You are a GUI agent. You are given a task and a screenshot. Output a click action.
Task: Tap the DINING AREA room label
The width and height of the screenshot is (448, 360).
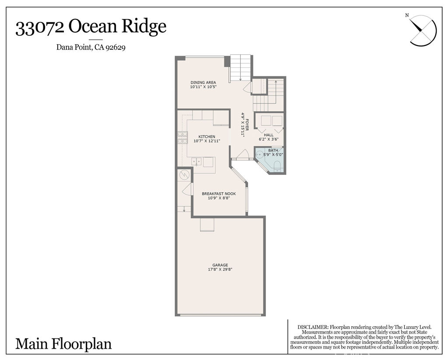pos(203,82)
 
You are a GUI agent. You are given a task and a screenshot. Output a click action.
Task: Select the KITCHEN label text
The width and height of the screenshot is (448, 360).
pos(206,137)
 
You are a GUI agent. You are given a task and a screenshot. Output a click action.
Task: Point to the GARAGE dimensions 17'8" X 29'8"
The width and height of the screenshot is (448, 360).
pos(220,269)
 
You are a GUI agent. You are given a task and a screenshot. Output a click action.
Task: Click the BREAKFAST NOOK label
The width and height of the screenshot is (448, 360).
pos(219,194)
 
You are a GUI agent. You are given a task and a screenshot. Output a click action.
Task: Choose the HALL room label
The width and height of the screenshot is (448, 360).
pos(268,135)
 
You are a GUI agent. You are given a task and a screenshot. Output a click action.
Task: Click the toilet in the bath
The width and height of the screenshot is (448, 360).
pos(277,165)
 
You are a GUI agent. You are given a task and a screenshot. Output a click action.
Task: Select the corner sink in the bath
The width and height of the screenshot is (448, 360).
pos(259,154)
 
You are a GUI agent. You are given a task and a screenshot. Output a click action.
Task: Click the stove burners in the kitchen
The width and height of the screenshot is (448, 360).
pos(182,138)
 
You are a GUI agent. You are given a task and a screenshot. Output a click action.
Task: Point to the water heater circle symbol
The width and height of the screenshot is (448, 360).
pos(184,176)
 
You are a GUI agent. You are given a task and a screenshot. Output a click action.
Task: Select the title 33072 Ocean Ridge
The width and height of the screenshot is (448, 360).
pos(91,27)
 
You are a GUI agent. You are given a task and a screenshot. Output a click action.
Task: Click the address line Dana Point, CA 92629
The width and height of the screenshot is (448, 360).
pos(91,48)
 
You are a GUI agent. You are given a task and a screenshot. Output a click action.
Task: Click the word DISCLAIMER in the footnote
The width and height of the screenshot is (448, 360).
pos(313,327)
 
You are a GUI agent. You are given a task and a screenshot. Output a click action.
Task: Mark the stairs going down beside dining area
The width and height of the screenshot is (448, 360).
pos(240,68)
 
